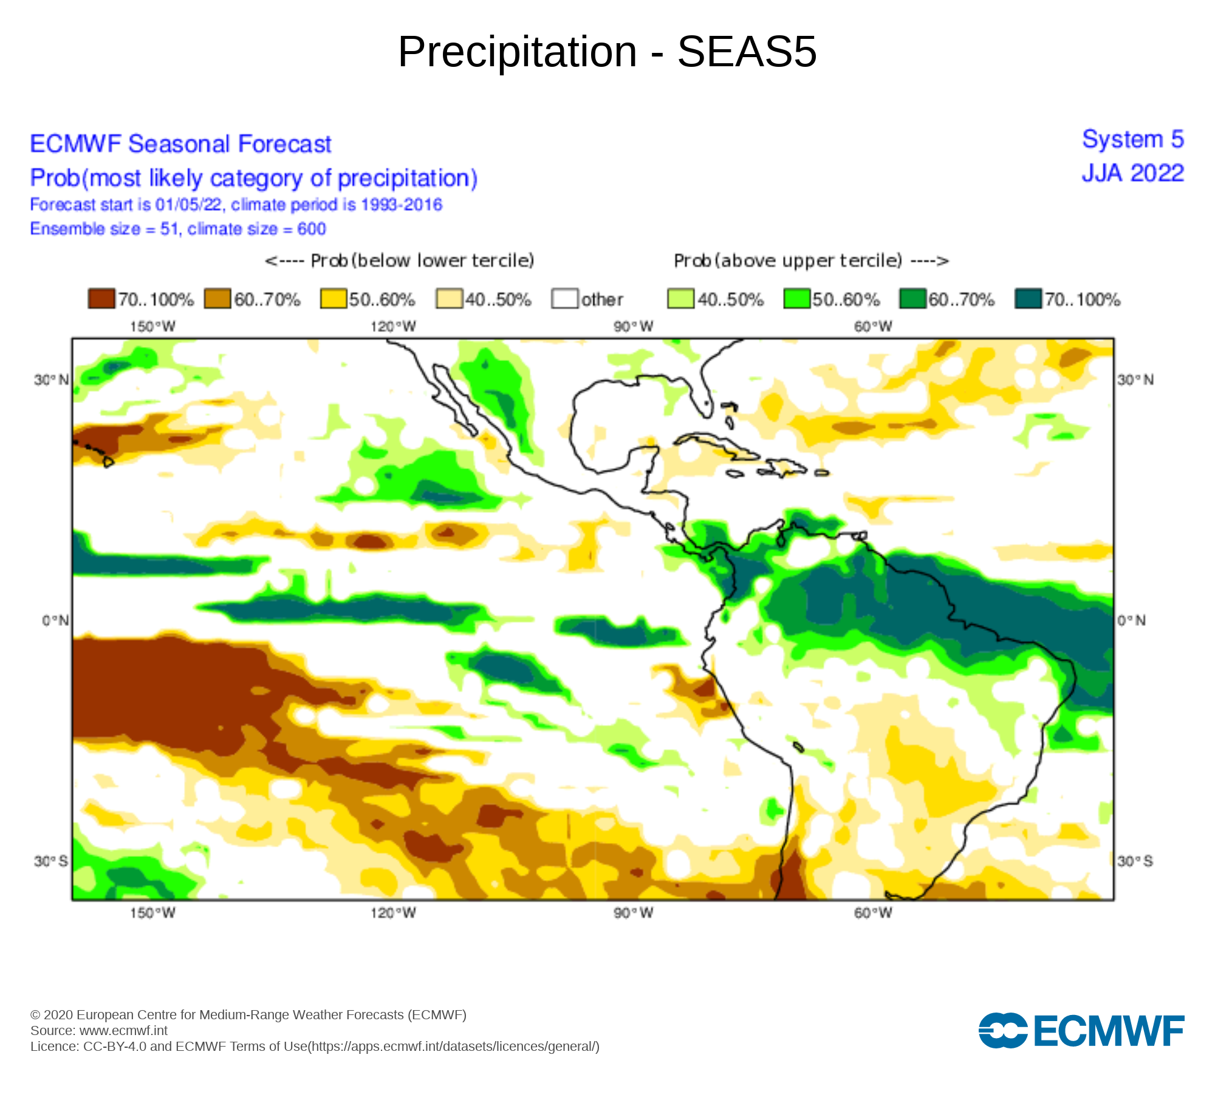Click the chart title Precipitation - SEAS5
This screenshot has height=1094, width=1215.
607,52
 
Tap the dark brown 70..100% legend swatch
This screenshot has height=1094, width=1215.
101,299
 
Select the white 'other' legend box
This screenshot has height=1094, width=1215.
564,299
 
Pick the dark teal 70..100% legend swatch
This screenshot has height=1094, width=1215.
1028,299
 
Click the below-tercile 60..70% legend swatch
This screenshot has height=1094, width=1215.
217,299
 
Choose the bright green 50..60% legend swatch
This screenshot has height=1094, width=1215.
796,299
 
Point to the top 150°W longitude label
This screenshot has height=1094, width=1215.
152,327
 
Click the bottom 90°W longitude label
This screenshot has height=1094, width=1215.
633,913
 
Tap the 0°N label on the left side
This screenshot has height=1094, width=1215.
55,621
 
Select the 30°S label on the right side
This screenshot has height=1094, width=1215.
1135,861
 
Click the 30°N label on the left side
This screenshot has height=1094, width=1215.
51,380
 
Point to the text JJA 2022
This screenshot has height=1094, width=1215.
1132,174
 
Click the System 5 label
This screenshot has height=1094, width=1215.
1133,140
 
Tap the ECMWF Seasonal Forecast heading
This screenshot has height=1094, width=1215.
180,144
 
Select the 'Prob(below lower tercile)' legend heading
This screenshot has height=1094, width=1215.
400,261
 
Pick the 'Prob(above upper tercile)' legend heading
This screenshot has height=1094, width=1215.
811,261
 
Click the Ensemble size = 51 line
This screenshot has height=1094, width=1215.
178,229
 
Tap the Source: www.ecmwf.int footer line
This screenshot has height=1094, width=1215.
99,1031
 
